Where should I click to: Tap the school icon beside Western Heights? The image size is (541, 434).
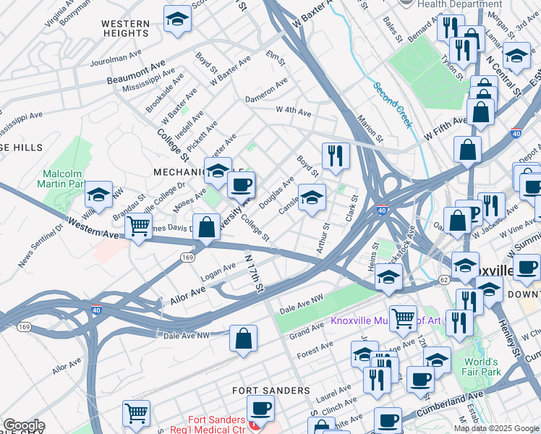tap(176, 20)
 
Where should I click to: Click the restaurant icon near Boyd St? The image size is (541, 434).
tap(335, 156)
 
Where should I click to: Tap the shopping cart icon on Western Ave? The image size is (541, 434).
tap(138, 226)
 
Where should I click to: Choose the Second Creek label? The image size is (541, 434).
tap(393, 105)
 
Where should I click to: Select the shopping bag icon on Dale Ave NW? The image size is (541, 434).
tap(244, 339)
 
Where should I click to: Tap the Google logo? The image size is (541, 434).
tap(24, 425)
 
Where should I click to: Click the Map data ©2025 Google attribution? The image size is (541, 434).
tap(496, 428)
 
